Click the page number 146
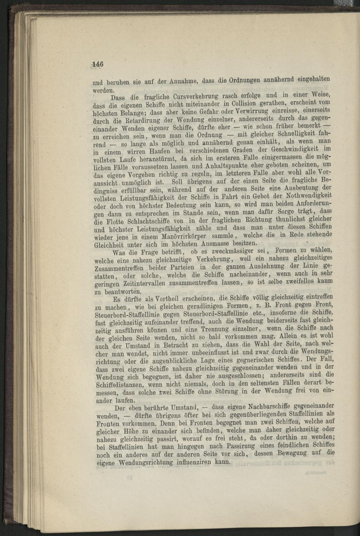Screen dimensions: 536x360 pos(98,64)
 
